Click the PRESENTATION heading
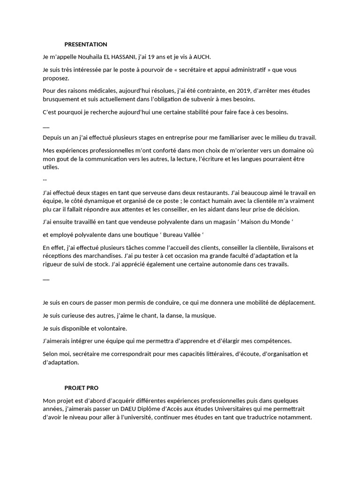(x=86, y=45)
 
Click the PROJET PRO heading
(x=82, y=388)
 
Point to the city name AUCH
(x=202, y=57)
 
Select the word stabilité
(x=189, y=112)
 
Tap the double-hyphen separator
(x=45, y=180)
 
